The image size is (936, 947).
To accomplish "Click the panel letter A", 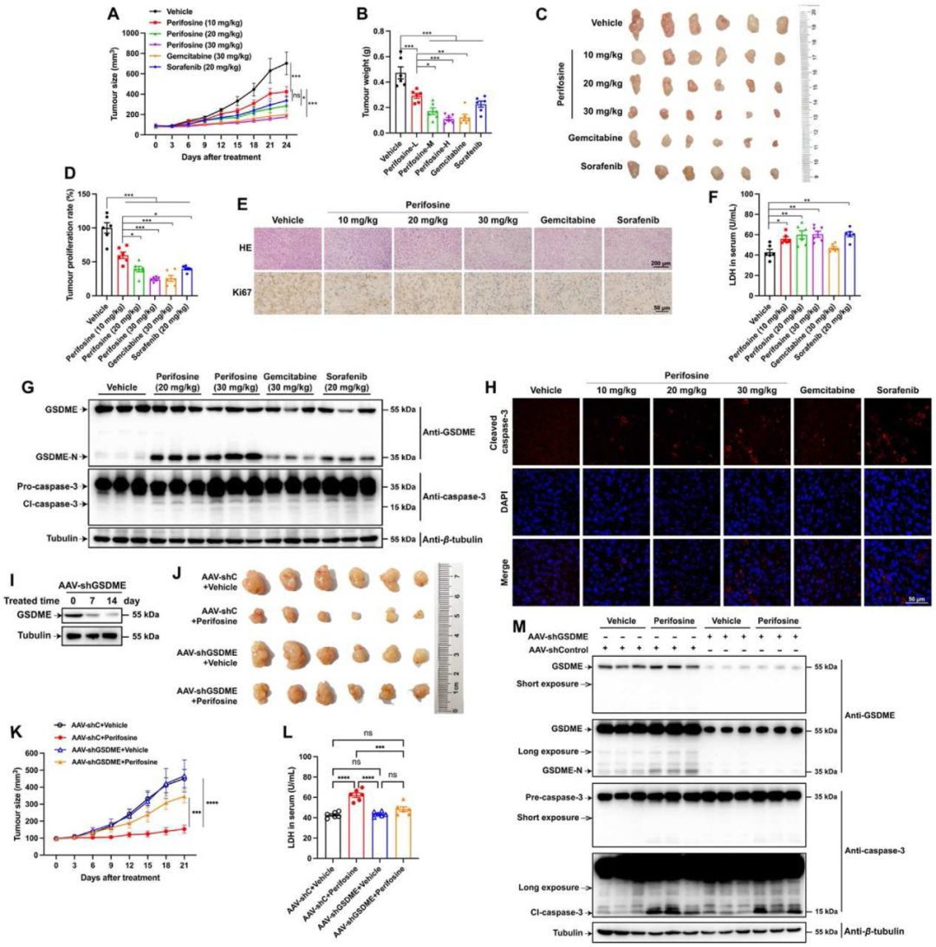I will (x=113, y=14).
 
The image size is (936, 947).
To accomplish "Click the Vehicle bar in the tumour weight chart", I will (x=400, y=102).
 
